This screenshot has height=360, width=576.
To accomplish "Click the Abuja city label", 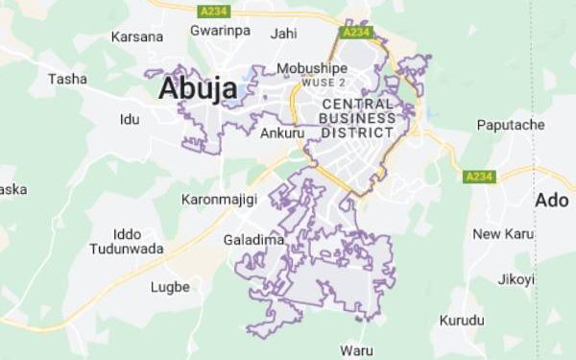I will (x=198, y=88).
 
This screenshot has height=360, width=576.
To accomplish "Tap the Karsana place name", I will (x=137, y=36).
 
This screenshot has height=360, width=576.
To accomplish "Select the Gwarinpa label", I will (x=220, y=31).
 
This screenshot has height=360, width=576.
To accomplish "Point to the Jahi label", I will (x=284, y=34).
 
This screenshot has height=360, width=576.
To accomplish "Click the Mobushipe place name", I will (x=312, y=68).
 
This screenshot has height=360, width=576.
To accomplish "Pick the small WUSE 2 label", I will (x=323, y=84).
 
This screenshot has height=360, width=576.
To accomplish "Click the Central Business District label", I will (x=357, y=117).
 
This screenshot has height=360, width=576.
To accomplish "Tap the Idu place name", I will (x=129, y=120).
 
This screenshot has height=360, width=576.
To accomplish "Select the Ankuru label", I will (x=282, y=132).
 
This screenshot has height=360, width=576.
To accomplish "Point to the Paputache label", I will (x=511, y=126).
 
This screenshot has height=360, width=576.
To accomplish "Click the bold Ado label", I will (x=551, y=201).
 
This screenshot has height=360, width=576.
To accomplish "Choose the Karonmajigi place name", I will (x=218, y=200).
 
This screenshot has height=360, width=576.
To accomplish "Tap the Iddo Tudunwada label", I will (x=127, y=241).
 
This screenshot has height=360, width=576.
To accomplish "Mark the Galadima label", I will (x=253, y=240).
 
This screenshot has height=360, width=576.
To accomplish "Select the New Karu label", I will (x=503, y=234).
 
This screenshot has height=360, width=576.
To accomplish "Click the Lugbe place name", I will (x=170, y=287).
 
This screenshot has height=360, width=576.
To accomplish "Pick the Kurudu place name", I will (x=461, y=320).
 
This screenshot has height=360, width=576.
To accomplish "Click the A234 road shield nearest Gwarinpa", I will (x=211, y=11).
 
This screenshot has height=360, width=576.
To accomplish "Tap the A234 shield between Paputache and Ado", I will (x=478, y=177).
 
